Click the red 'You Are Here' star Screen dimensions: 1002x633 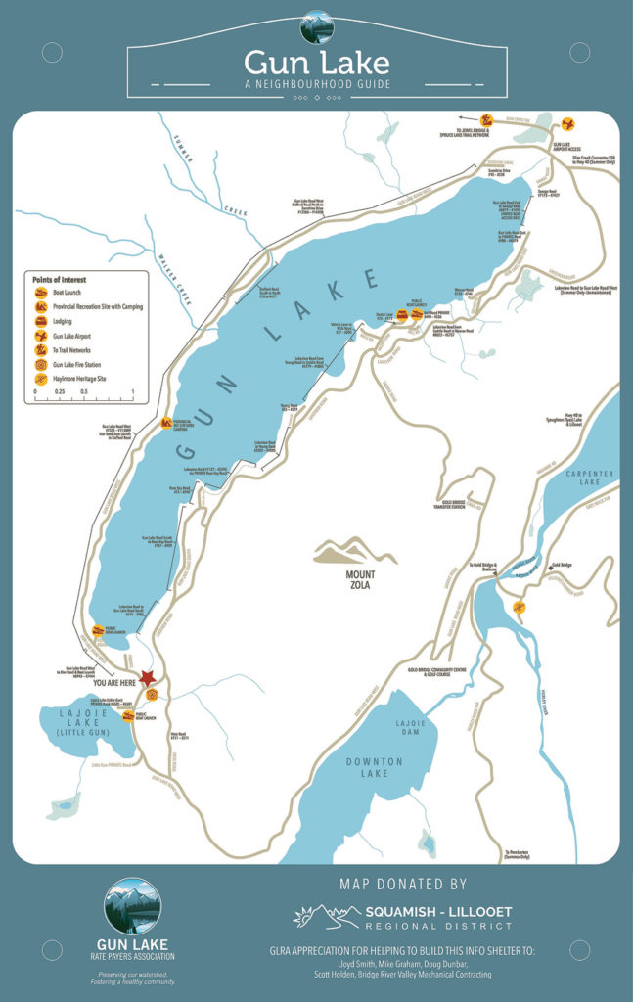coord(148,677)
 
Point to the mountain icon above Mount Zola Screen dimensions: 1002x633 coord(355,552)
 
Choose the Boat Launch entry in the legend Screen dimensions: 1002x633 coord(42,292)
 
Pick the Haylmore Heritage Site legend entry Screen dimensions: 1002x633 coord(42,376)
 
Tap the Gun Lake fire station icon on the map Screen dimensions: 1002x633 coord(152,695)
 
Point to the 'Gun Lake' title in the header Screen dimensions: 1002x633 coord(316,63)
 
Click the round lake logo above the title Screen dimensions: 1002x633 coord(316,25)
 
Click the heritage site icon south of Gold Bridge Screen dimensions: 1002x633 coord(520,608)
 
